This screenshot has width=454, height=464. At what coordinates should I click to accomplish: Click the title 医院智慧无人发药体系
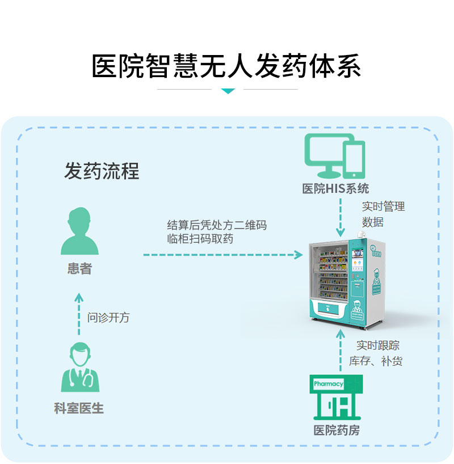pos(226,66)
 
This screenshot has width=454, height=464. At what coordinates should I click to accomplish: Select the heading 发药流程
pos(102,171)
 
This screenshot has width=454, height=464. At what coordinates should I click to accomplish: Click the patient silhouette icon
pos(79,231)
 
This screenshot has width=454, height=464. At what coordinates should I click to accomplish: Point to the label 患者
pos(79,269)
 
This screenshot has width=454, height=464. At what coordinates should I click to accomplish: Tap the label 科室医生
pos(79,408)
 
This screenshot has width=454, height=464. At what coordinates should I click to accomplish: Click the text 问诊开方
pos(108,317)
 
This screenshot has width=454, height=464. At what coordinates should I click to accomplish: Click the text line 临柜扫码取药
pos(200,239)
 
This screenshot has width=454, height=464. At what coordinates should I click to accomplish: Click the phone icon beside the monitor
pos(354,159)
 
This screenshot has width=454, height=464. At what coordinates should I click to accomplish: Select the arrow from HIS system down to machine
pos(340,218)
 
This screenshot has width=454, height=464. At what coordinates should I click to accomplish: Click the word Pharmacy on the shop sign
pos(329,384)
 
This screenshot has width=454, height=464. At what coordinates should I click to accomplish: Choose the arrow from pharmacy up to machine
pos(340,352)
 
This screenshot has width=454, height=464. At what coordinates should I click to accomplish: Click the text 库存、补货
pos(376,361)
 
